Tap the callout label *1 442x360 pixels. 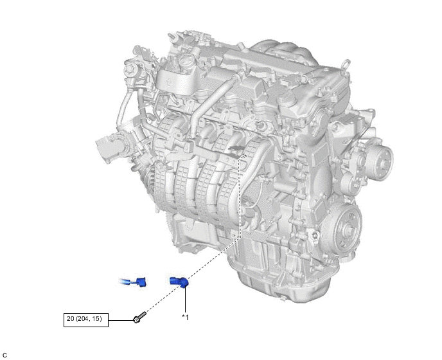point(185,317)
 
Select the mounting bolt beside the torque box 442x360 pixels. point(139,318)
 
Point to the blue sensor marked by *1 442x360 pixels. point(179,282)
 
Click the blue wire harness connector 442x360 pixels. point(133,282)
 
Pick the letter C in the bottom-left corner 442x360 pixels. point(4,355)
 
